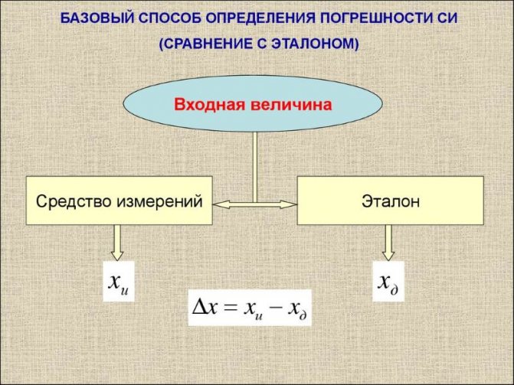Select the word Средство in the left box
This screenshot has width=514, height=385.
click(x=74, y=201)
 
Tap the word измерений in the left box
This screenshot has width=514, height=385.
click(x=159, y=201)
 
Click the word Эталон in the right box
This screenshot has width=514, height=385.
click(x=391, y=201)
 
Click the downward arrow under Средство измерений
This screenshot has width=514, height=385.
click(x=117, y=243)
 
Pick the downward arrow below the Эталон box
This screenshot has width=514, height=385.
click(x=388, y=243)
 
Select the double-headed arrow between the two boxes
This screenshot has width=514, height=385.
click(x=255, y=205)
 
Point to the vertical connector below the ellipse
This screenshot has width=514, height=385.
click(x=255, y=167)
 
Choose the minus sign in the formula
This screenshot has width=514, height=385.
click(x=276, y=308)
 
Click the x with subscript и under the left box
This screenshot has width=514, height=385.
click(x=118, y=282)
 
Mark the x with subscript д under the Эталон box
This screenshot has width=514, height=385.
click(x=388, y=282)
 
